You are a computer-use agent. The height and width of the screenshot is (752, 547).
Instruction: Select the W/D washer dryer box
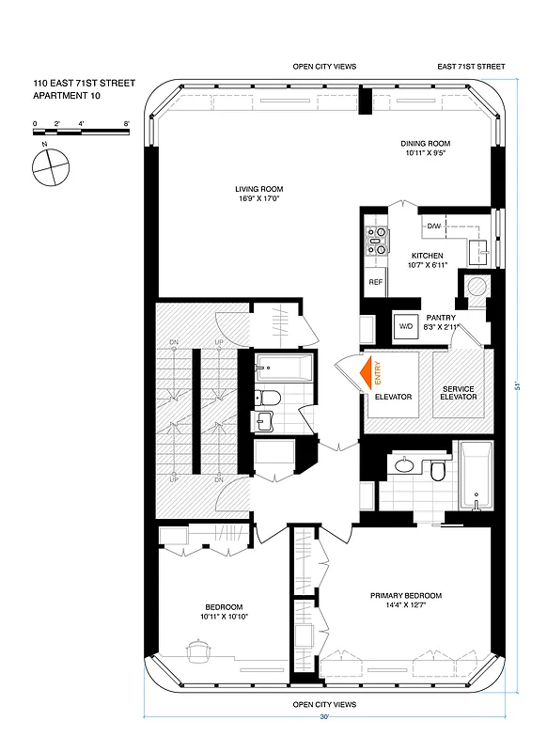[x=406, y=327]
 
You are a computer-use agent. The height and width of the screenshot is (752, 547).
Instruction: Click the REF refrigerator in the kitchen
[x=375, y=282]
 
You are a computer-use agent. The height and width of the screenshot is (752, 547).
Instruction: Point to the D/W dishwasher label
[x=434, y=227]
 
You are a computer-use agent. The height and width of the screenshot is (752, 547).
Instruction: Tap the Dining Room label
[x=430, y=149]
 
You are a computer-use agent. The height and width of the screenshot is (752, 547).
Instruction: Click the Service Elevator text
[x=459, y=393]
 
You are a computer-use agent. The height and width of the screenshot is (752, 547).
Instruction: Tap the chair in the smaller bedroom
[x=198, y=649]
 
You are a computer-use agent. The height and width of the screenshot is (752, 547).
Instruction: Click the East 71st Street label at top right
[x=471, y=67]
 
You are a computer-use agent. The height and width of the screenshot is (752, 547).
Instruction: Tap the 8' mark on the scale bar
[x=126, y=123]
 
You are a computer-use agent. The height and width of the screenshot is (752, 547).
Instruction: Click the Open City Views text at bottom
[x=324, y=704]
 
